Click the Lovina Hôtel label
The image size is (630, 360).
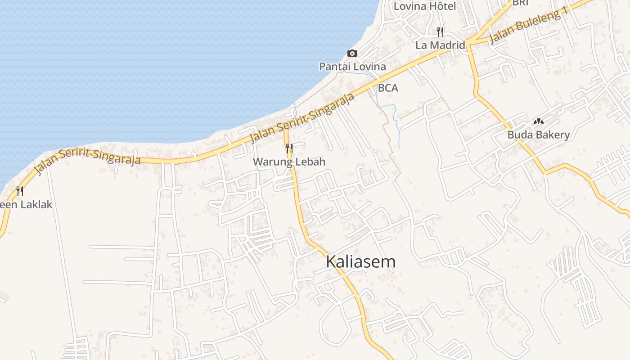418,6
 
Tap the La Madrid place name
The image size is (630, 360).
440,45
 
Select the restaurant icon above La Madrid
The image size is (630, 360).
440,31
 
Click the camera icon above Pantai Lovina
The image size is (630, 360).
352,54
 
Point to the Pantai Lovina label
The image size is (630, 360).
352,67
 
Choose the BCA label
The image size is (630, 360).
388,88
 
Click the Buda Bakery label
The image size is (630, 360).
538,135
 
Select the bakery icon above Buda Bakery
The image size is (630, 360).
538,121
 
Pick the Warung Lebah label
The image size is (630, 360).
289,162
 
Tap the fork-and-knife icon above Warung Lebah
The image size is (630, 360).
289,148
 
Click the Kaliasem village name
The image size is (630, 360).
360,262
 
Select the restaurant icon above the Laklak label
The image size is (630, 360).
19,191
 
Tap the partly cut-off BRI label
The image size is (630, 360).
520,3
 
